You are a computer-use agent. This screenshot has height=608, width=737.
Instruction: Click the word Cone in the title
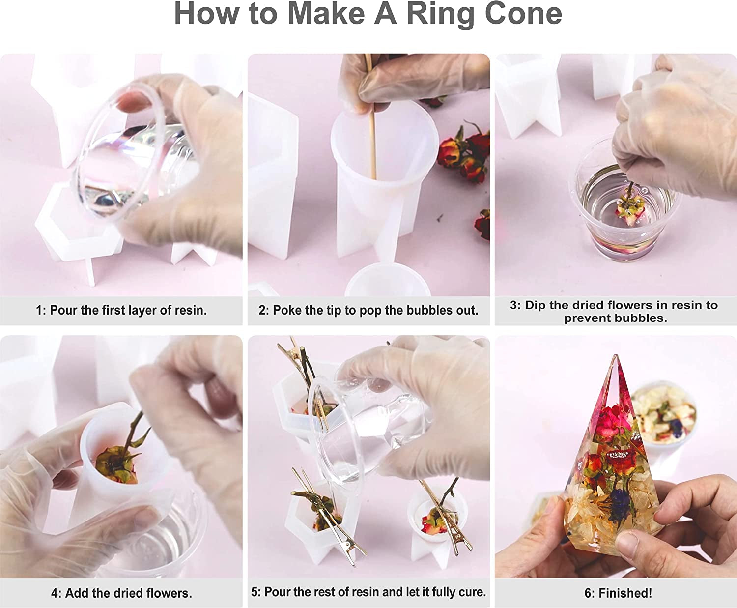coord(524,14)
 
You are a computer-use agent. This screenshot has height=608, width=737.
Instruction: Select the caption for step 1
coord(121,310)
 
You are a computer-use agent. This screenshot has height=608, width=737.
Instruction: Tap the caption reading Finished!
coord(618,593)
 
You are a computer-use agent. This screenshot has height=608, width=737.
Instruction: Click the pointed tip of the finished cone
coord(616,355)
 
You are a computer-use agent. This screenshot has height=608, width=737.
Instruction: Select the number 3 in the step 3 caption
coord(513,305)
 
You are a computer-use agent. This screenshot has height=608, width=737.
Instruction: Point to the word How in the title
coord(206,14)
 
